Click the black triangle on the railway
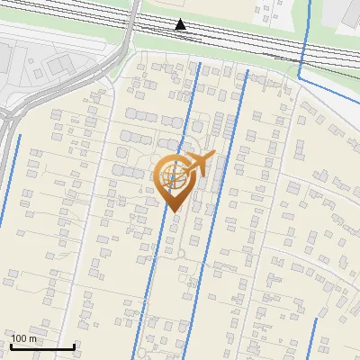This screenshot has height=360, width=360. coord(181,24)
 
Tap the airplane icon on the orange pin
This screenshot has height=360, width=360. coord(198,165)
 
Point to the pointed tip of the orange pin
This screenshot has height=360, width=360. coord(174,211)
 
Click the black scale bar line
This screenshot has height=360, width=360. coord(41,346)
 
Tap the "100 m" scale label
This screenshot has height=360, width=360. coord(24,338)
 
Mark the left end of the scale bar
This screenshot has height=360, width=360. coord(10,346)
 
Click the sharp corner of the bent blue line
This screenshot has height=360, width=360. coord(299,80)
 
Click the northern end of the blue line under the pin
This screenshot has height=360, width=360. coord(198,63)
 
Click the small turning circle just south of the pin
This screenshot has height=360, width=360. coord(182,255)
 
